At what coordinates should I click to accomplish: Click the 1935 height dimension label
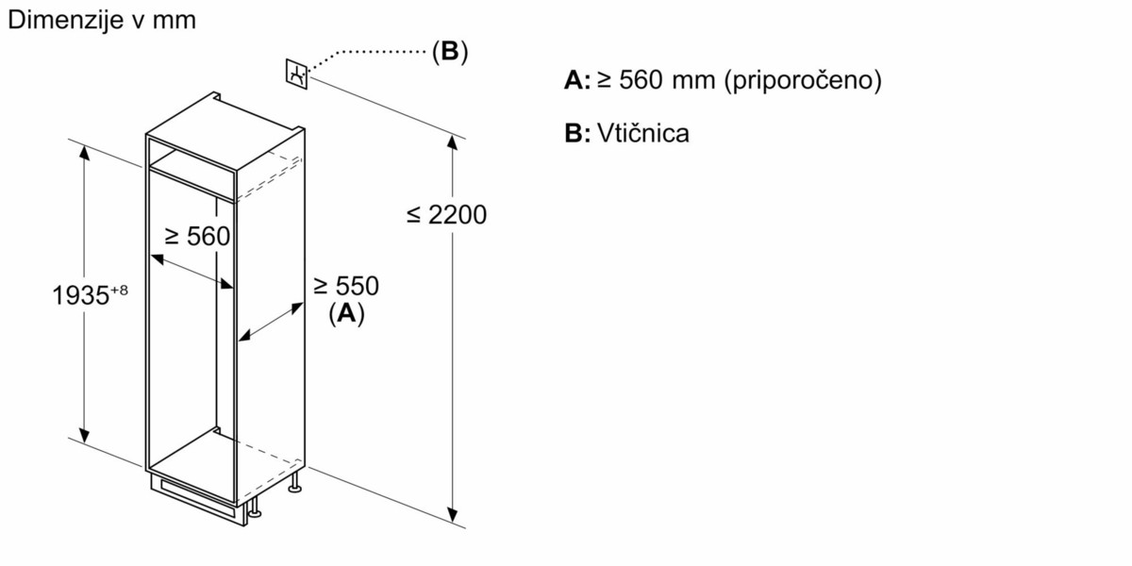[80, 296]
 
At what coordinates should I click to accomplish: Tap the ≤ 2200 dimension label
[447, 215]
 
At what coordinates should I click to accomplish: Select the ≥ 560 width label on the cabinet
[197, 237]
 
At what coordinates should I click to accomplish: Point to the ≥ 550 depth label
[345, 285]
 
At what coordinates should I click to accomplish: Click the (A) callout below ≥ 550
[345, 314]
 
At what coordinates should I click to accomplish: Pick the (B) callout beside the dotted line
[449, 51]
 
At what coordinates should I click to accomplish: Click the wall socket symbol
[295, 74]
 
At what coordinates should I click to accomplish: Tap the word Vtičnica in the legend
[642, 133]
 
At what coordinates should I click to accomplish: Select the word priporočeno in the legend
[802, 81]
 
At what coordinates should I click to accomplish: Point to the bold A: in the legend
[576, 81]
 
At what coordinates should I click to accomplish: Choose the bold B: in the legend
[576, 133]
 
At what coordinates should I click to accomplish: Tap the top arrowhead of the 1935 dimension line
[85, 151]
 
